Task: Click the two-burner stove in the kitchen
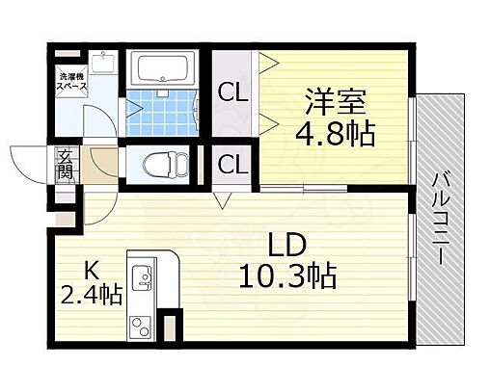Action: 141,323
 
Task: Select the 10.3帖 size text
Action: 287,277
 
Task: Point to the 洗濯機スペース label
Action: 71,81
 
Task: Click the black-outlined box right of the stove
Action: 171,326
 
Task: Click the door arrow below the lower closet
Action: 224,199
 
